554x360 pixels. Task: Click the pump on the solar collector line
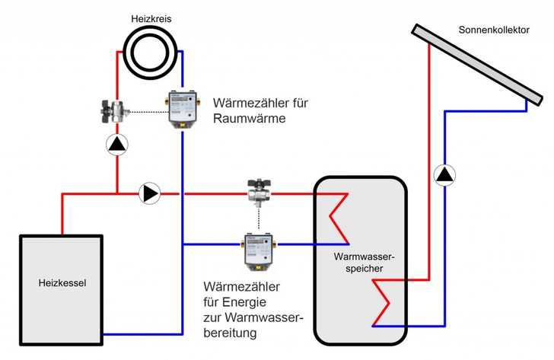443,175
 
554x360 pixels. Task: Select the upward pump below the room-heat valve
116,144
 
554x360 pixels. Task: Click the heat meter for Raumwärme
181,109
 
